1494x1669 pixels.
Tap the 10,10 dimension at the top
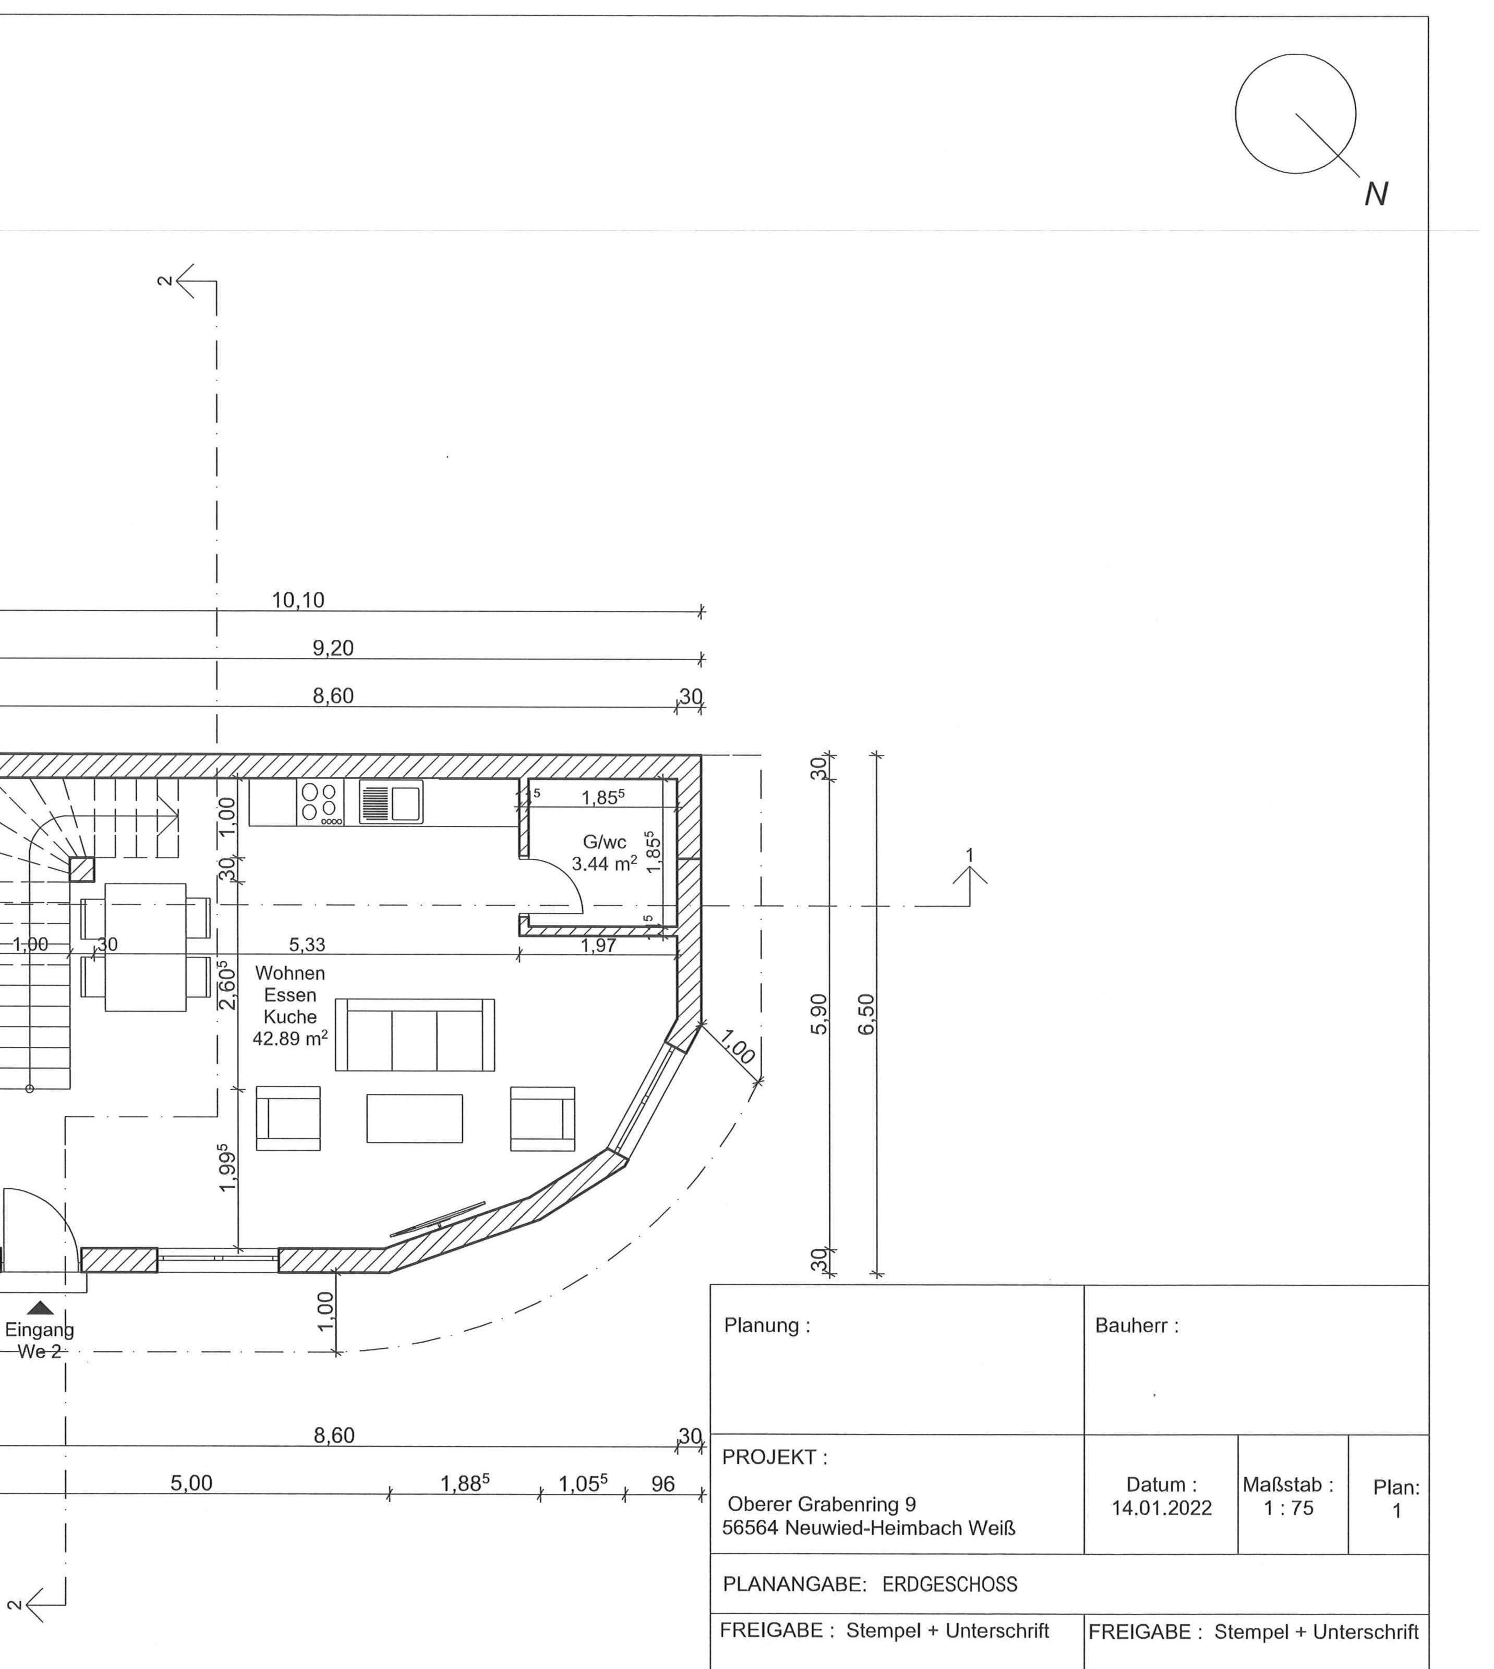click(298, 601)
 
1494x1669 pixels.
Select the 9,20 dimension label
click(332, 648)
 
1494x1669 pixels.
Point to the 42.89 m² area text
click(290, 1039)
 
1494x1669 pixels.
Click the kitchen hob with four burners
click(319, 802)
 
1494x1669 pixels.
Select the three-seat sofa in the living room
click(415, 1034)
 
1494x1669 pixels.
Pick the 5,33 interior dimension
click(307, 945)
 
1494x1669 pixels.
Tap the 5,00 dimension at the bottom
click(191, 1483)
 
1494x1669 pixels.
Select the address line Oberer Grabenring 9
click(821, 1504)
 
